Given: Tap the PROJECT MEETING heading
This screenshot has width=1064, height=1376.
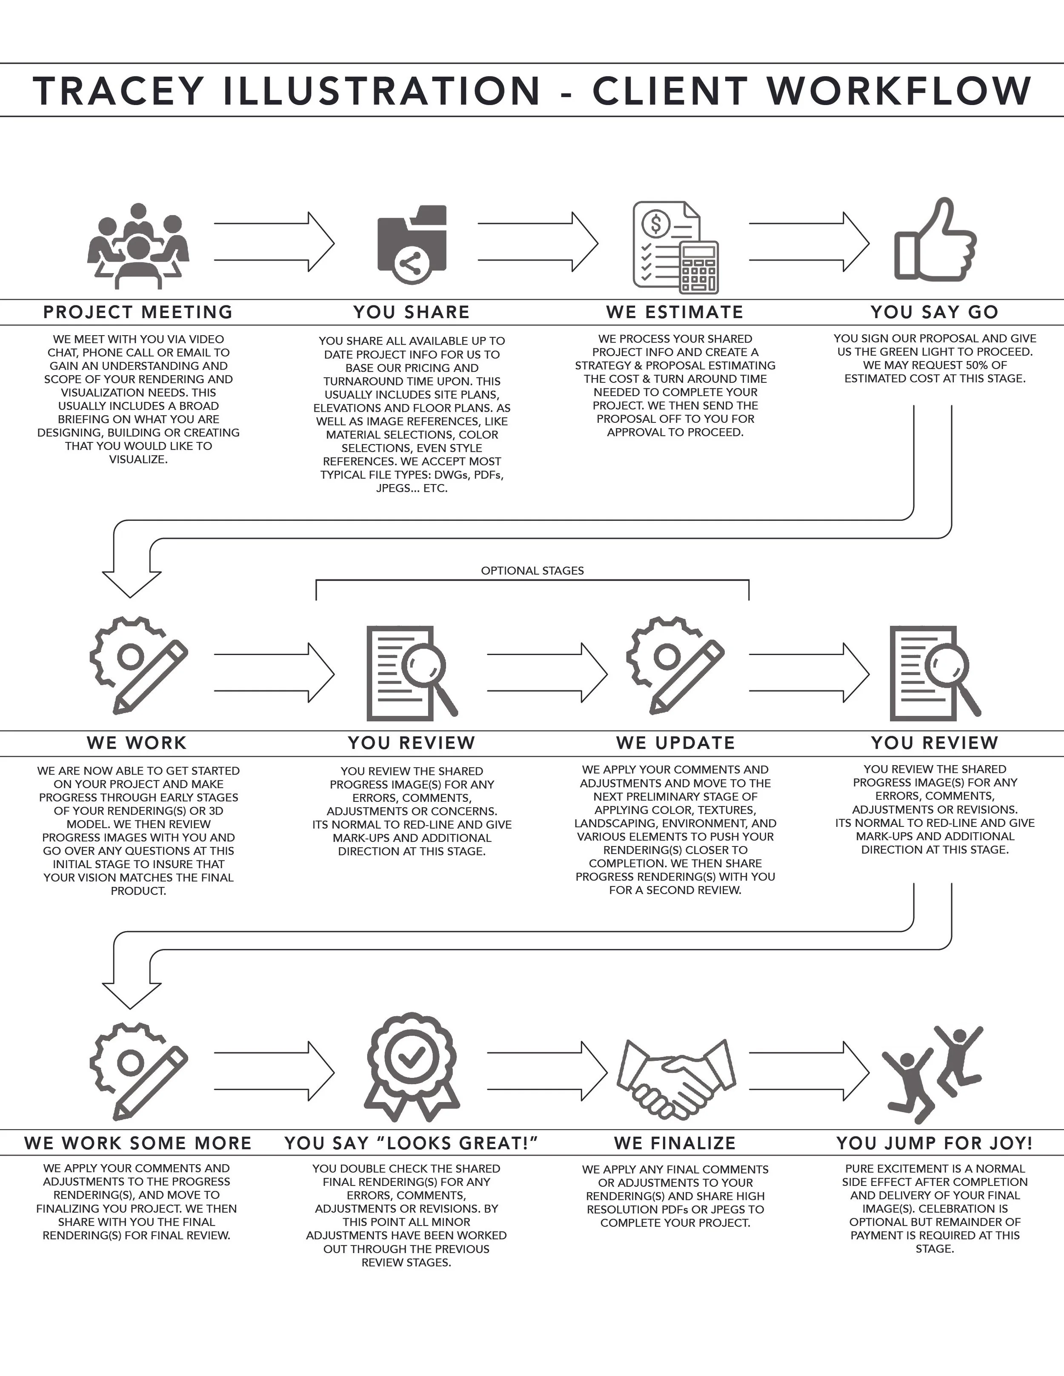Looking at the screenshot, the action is [x=138, y=312].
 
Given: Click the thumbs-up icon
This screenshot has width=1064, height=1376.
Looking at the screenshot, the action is [x=935, y=241].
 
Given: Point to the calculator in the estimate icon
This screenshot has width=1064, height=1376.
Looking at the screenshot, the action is [x=698, y=268].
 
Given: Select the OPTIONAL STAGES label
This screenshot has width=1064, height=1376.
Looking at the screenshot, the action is [x=532, y=571].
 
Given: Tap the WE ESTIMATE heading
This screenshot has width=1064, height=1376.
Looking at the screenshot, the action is [x=675, y=312].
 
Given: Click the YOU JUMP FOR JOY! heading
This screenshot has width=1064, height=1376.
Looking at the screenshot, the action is [x=935, y=1143].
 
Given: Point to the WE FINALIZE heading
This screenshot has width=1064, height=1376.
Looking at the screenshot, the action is [x=675, y=1143].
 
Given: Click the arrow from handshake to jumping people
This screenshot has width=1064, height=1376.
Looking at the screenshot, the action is [x=809, y=1071].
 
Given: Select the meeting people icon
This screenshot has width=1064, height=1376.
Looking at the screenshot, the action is [x=138, y=246].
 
